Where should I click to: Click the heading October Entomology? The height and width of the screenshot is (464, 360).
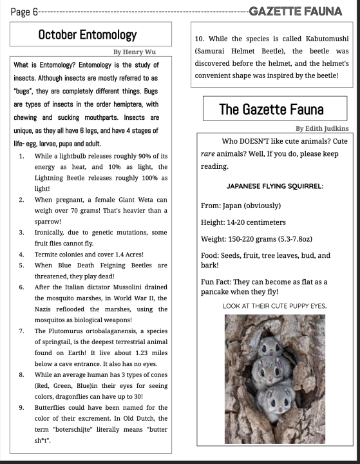[92, 34]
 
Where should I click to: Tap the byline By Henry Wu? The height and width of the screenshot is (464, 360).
[135, 51]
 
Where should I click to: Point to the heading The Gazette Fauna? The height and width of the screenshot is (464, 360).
[271, 109]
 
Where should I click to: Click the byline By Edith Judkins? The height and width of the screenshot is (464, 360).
[321, 128]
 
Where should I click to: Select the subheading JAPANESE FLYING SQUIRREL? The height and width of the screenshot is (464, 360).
[275, 186]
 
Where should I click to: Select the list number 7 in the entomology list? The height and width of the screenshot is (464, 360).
[21, 331]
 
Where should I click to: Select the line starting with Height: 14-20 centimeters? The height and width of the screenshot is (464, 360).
[243, 223]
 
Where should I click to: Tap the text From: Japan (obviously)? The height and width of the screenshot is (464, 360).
[241, 206]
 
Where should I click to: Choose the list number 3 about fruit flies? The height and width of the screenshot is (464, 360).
[21, 232]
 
